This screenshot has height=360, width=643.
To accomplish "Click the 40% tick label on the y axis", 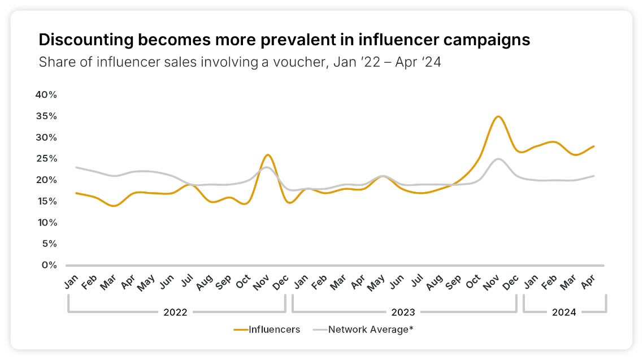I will pyautogui.click(x=46, y=94).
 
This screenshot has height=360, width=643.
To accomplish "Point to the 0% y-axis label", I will pyautogui.click(x=49, y=265).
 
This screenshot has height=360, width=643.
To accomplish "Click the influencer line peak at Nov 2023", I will pyautogui.click(x=497, y=116).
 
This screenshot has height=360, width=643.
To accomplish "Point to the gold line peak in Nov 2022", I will pyautogui.click(x=268, y=154).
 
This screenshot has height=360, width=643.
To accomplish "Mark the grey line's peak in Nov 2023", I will pyautogui.click(x=497, y=159).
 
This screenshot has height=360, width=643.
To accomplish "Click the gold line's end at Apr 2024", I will pyautogui.click(x=594, y=146).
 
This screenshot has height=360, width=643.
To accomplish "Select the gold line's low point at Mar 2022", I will pyautogui.click(x=114, y=206).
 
